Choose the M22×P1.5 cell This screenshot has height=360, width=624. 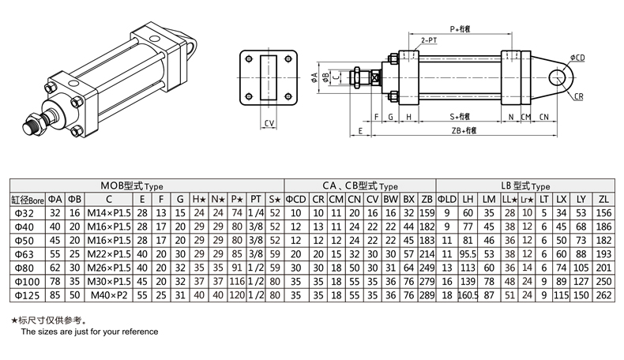click(108, 253)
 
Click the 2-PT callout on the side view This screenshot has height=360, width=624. click(430, 39)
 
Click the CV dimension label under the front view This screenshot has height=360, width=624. click(269, 123)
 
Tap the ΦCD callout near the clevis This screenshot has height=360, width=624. click(577, 58)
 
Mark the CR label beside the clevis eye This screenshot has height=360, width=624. click(578, 96)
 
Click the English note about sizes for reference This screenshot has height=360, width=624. click(89, 332)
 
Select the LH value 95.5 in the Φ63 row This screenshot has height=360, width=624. click(468, 253)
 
